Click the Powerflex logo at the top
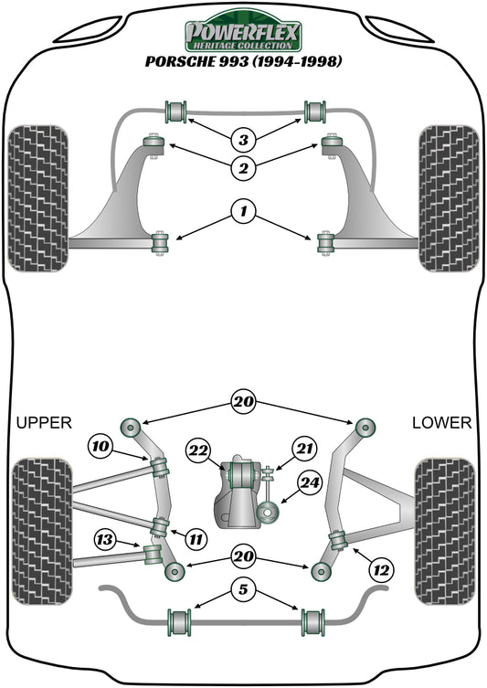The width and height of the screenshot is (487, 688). coord(243,35)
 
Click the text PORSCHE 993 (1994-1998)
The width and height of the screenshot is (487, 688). coord(243,62)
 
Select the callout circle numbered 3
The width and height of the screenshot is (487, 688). coord(243,140)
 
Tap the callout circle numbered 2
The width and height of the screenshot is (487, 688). coord(243,166)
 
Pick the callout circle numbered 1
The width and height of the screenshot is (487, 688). coord(243,213)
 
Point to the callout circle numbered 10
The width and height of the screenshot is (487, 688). coord(101,446)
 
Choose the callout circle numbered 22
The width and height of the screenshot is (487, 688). coord(198,450)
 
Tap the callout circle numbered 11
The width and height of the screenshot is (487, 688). coord(195,539)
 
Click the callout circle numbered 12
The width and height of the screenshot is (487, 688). coord(382,569)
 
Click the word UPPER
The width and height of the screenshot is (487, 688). coord(43,422)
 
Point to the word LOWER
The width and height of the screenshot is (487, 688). coord(442,422)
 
